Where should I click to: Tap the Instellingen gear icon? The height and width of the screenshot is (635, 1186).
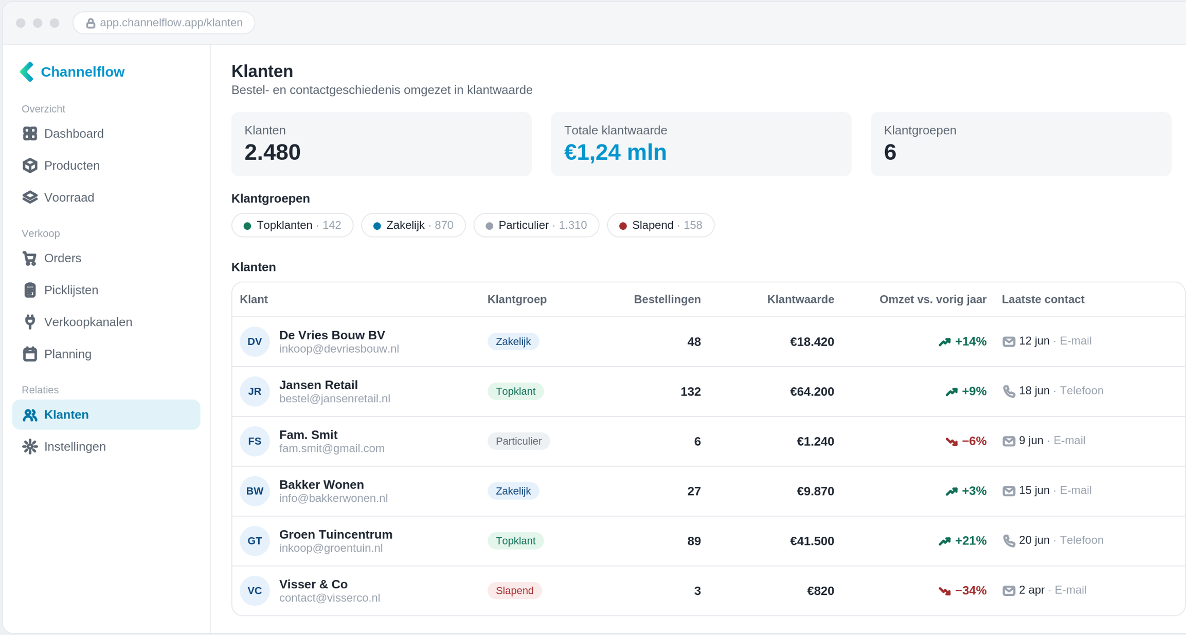click(30, 446)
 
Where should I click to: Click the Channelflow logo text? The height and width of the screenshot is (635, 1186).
click(82, 72)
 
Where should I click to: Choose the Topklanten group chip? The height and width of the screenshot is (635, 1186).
click(292, 225)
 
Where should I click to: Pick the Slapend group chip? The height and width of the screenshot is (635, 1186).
click(660, 225)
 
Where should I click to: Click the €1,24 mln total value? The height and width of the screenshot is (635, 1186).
click(615, 152)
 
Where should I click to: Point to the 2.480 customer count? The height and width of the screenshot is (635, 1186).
click(272, 152)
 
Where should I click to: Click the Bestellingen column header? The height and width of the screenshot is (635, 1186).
click(667, 299)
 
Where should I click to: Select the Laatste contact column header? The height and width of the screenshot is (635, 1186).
click(1043, 299)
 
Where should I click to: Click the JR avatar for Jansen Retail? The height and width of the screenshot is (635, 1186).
click(255, 391)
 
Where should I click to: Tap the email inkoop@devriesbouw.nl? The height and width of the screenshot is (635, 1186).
click(339, 349)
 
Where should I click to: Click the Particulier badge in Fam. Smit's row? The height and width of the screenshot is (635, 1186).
click(518, 441)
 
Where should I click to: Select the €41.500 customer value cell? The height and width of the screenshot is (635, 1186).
click(812, 541)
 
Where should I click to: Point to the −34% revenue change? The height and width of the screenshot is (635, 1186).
click(970, 591)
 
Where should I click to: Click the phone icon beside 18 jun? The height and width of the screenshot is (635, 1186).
click(1009, 391)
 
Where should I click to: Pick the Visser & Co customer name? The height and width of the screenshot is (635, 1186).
click(313, 585)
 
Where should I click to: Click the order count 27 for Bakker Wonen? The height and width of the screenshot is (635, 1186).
click(694, 491)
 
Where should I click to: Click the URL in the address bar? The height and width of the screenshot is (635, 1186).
click(171, 23)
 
